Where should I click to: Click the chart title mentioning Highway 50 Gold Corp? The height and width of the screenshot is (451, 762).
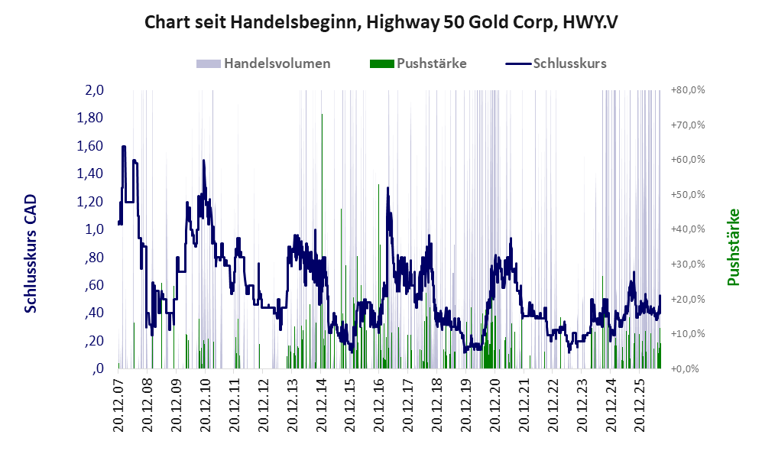381,23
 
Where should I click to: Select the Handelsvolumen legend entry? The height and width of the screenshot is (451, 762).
264,63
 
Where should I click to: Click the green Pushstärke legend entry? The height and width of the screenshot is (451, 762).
418,63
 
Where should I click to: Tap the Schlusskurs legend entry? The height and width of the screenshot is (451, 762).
556,63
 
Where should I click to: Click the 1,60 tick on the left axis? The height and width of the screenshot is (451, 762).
90,146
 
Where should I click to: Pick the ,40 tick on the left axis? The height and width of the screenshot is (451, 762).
94,313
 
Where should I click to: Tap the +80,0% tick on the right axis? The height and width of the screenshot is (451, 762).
688,90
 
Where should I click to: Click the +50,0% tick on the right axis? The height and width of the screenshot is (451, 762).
688,194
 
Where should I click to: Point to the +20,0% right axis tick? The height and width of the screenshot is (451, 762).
688,299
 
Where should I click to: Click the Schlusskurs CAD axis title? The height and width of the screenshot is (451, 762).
31,253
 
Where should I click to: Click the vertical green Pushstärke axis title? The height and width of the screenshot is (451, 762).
733,247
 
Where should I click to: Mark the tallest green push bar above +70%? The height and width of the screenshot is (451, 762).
322,241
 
